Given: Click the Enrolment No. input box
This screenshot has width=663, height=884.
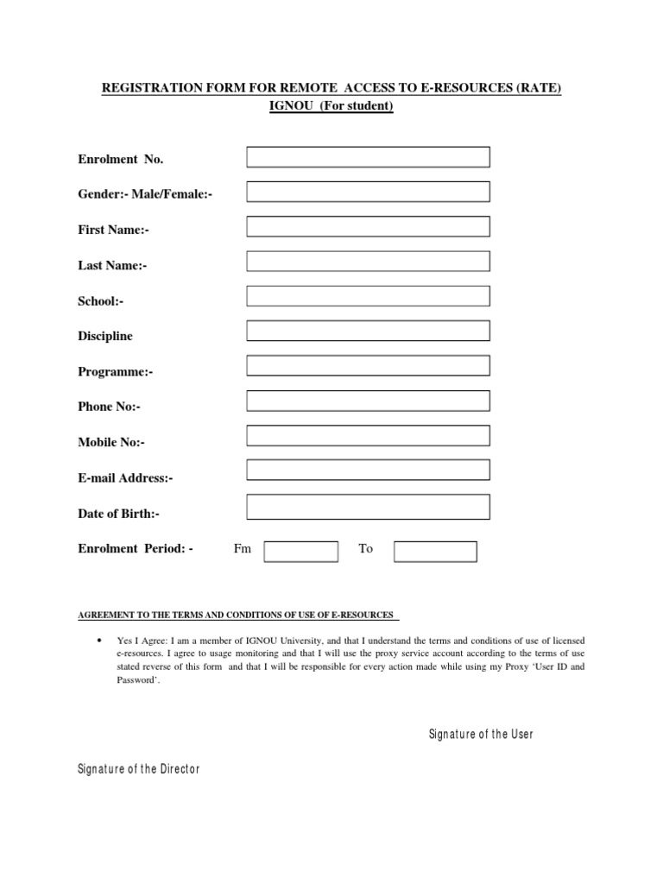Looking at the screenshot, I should click(368, 157).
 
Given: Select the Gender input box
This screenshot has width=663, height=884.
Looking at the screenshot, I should click(368, 192).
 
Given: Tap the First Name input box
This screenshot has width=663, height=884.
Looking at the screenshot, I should click(368, 226).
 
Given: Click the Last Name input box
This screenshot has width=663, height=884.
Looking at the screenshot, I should click(368, 262).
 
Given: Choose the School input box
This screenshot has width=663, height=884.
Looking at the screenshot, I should click(368, 296).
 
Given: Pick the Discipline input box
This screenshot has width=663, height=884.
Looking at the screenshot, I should click(368, 331).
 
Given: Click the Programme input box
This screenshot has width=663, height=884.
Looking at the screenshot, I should click(368, 366).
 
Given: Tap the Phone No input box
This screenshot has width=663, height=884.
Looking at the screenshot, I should click(368, 401).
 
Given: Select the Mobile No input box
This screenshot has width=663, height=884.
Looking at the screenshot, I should click(368, 436).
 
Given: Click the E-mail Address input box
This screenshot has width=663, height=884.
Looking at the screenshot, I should click(368, 470).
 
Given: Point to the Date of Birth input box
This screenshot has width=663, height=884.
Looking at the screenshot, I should click(368, 507).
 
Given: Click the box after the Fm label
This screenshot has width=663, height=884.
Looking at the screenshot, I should click(300, 552).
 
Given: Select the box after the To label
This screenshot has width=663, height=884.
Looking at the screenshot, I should click(435, 552).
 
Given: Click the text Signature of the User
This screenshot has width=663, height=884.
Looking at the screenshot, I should click(481, 735).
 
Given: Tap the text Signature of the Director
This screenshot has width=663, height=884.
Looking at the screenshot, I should click(139, 769).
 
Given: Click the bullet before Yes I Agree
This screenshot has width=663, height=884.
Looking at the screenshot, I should click(100, 640).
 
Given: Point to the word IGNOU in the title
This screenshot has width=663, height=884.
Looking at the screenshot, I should click(294, 107).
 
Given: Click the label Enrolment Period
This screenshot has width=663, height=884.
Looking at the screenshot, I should click(136, 549).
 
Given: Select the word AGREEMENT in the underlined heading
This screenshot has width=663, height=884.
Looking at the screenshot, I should click(106, 616).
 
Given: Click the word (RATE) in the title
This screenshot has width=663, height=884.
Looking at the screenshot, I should click(540, 89).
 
